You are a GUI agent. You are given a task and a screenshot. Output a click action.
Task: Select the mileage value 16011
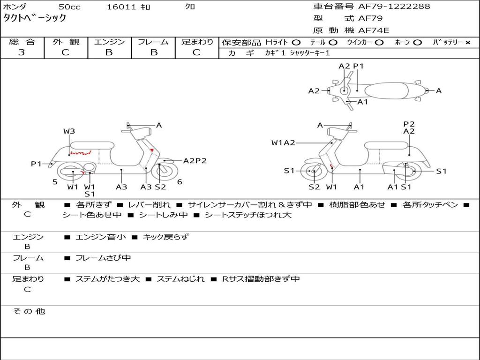coord(121,7)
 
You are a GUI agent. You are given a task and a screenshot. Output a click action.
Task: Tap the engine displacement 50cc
coord(69,7)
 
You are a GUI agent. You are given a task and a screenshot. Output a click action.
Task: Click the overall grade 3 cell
coord(22,52)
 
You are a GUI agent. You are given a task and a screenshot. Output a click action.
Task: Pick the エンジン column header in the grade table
coord(109,42)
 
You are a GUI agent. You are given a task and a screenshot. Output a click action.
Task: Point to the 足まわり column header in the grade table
coord(197,42)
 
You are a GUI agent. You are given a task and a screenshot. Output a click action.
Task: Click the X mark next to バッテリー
coord(467,43)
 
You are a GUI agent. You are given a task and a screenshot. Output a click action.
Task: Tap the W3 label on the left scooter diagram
coord(69,131)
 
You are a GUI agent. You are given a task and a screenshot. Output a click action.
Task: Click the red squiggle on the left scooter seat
coord(80,153)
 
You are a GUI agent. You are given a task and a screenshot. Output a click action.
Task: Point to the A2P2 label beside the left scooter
coord(195,161)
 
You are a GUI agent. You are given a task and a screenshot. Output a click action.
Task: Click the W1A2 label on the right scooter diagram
coord(283,142)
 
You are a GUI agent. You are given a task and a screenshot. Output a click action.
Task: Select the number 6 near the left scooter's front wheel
coord(180,182)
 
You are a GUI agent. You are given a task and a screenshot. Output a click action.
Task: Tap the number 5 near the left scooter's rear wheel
coord(55,182)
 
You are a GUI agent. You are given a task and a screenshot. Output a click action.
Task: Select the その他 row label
coord(29,311)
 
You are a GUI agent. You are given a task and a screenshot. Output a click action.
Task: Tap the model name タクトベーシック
coord(35,18)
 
